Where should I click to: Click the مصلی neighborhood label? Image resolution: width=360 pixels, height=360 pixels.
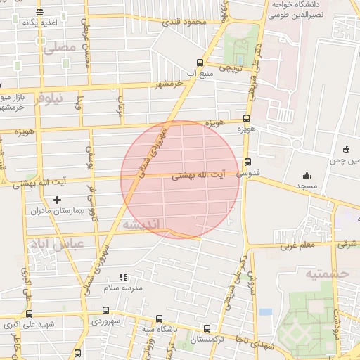(58, 48)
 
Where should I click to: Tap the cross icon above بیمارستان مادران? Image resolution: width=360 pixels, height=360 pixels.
(58, 200)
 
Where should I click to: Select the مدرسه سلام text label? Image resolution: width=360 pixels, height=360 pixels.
(123, 288)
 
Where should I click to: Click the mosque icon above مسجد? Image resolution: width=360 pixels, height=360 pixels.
(306, 175)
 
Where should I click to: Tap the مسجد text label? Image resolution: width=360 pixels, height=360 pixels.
(307, 186)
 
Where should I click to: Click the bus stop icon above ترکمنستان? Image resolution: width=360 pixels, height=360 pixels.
(206, 328)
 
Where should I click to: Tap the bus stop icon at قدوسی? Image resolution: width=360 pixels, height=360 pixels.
(246, 162)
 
